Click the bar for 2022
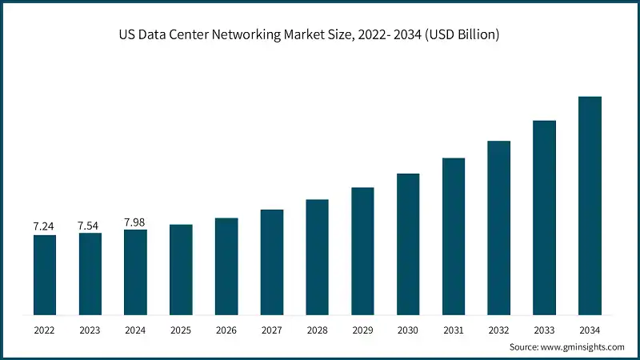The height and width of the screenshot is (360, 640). [x=44, y=274]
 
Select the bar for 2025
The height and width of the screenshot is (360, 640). [x=181, y=269]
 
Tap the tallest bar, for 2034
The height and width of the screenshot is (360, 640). [x=590, y=205]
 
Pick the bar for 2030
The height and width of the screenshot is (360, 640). [x=408, y=243]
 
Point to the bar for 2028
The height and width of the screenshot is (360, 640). [x=317, y=256]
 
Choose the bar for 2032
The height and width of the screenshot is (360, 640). [x=498, y=227]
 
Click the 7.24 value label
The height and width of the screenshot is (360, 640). [x=44, y=227]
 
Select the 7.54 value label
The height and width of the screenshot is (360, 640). [x=90, y=226]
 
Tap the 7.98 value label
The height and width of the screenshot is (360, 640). [x=135, y=222]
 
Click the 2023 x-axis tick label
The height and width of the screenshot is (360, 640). [x=90, y=329]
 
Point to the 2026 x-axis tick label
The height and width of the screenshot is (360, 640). [x=226, y=329]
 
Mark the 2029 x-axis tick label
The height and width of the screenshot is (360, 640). [x=362, y=329]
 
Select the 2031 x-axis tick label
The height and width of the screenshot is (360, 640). [x=454, y=329]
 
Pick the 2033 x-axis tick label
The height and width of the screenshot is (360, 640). [x=544, y=329]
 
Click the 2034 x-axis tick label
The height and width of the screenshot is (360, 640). [x=590, y=329]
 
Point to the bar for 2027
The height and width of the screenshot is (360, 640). [x=272, y=262]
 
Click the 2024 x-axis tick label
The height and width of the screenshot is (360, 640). [x=135, y=329]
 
